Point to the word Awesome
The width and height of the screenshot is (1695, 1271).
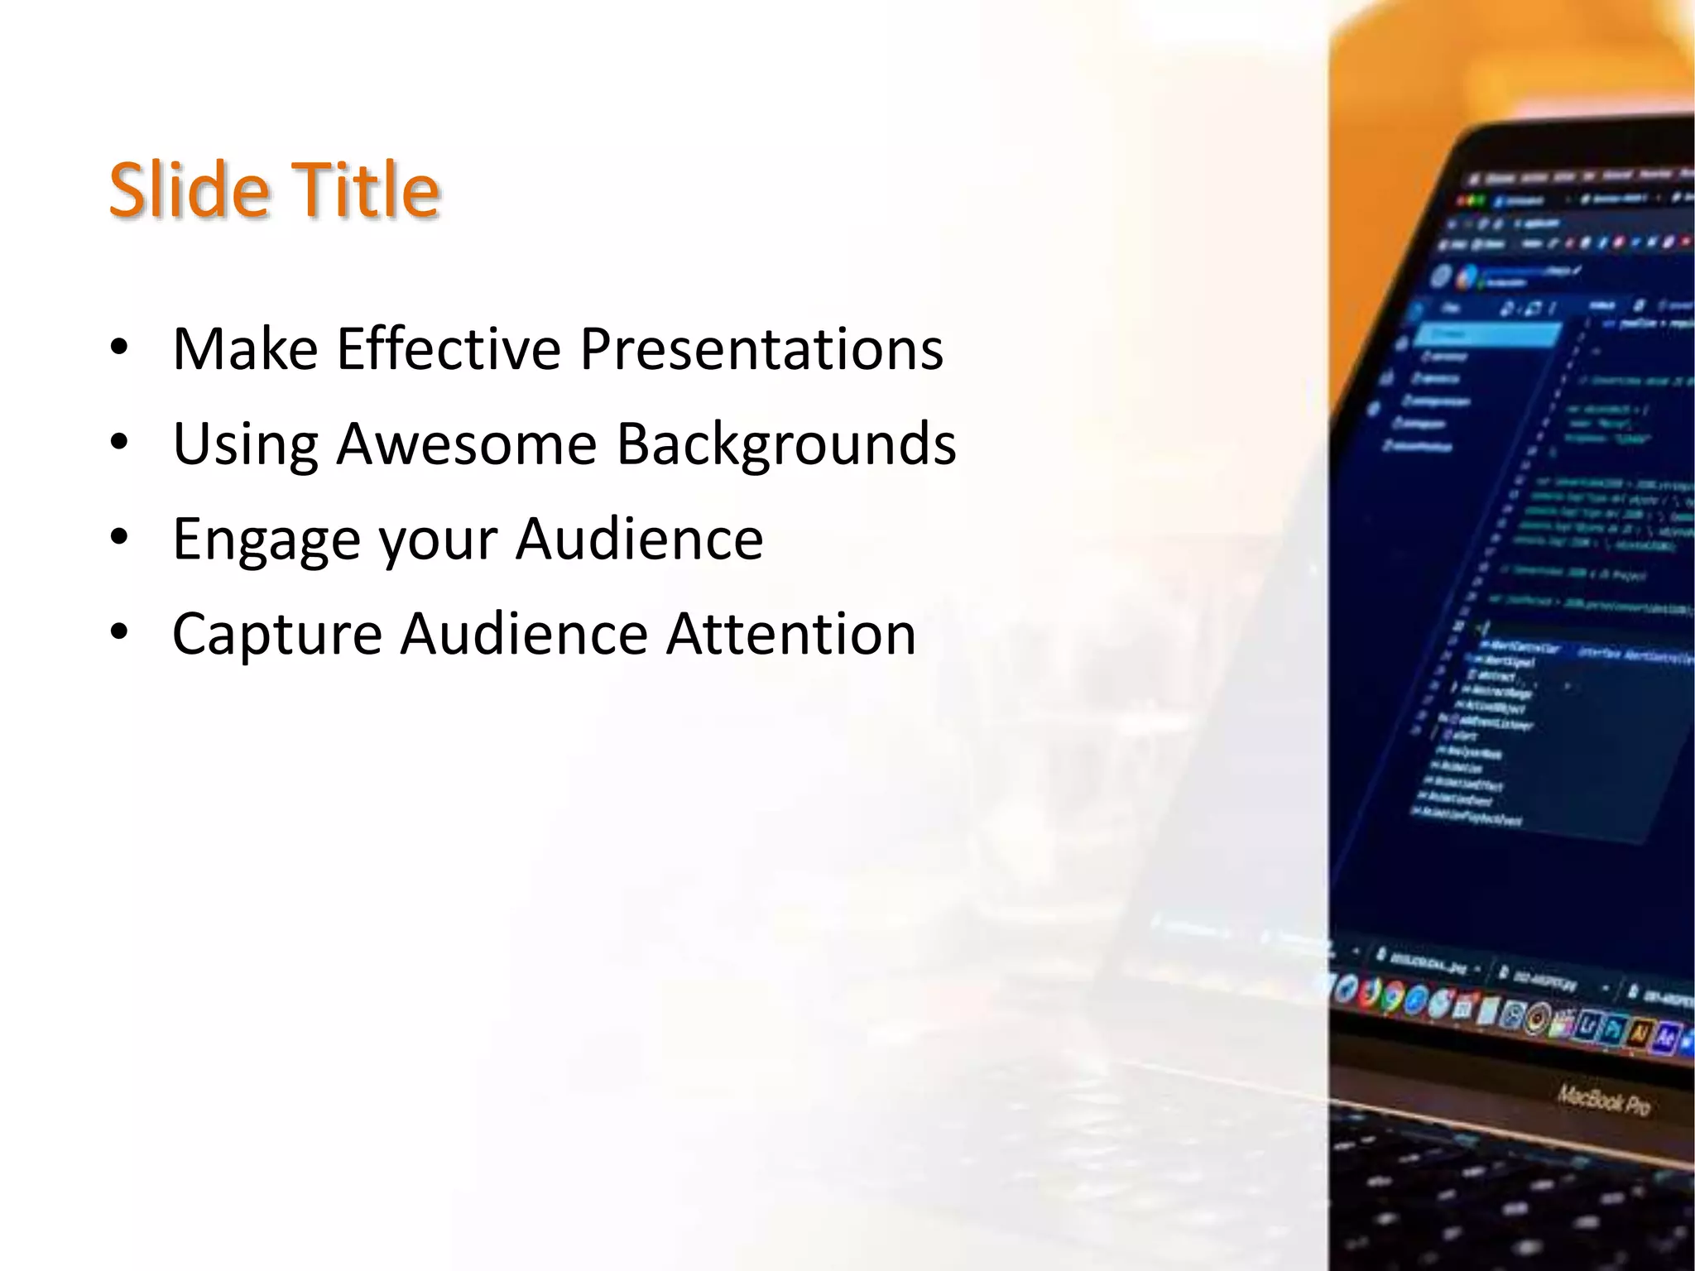(466, 444)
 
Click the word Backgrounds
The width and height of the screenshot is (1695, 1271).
(786, 444)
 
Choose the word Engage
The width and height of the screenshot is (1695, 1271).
(266, 540)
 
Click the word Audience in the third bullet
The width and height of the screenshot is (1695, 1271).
(639, 539)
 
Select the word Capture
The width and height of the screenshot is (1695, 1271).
(276, 634)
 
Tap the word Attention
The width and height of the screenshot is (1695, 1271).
(791, 634)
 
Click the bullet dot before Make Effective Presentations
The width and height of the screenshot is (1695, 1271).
(119, 348)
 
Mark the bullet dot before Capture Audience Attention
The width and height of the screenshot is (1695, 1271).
(119, 633)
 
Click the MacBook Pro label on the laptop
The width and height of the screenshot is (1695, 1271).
(1603, 1100)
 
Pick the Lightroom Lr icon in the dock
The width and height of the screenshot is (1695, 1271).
(1587, 1025)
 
